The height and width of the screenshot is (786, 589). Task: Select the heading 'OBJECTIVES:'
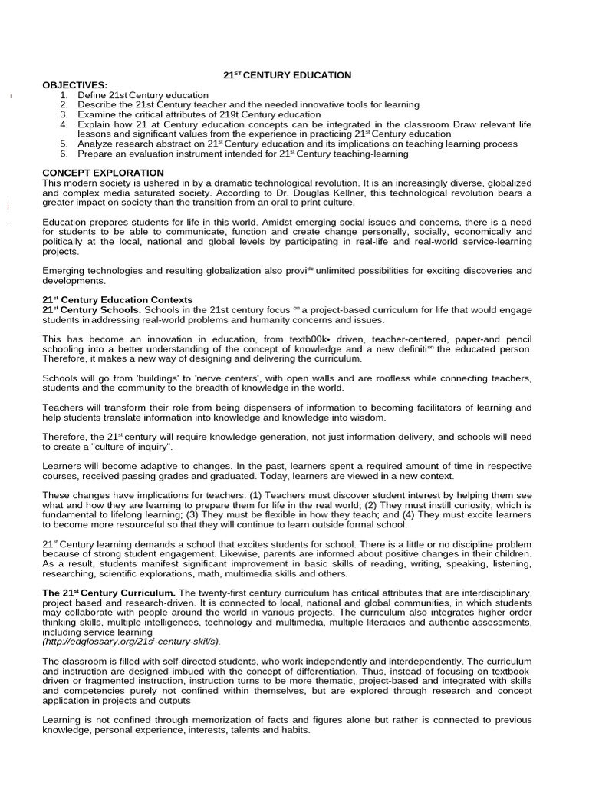click(x=75, y=84)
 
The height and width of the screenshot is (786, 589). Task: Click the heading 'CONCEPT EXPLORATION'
click(x=103, y=173)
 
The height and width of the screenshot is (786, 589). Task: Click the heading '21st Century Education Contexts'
click(x=117, y=299)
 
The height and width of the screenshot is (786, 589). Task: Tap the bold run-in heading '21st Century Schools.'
click(x=91, y=309)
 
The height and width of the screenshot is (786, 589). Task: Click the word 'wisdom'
click(x=369, y=418)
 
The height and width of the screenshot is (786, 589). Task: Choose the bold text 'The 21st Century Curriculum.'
click(x=110, y=594)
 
